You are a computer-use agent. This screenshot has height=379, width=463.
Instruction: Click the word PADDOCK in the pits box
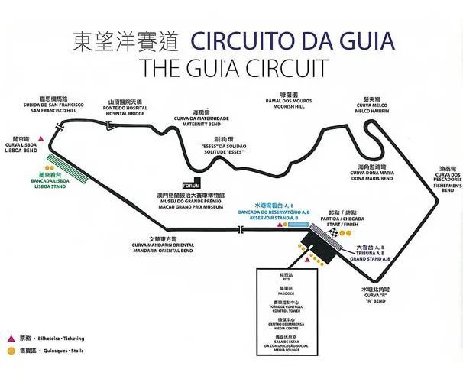[287, 291]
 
